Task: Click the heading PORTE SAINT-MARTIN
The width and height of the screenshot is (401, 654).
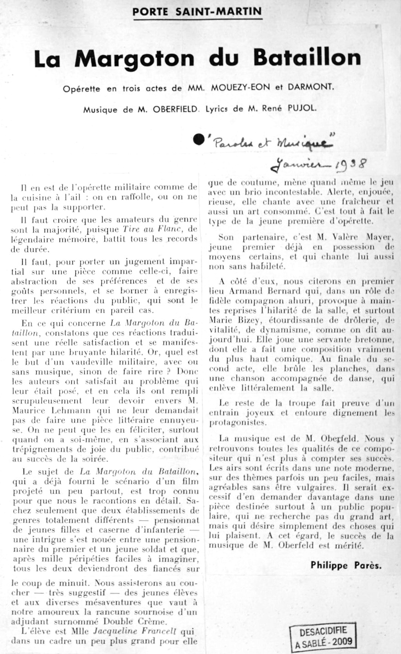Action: click(197, 11)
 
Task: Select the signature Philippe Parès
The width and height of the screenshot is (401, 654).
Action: click(346, 565)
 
